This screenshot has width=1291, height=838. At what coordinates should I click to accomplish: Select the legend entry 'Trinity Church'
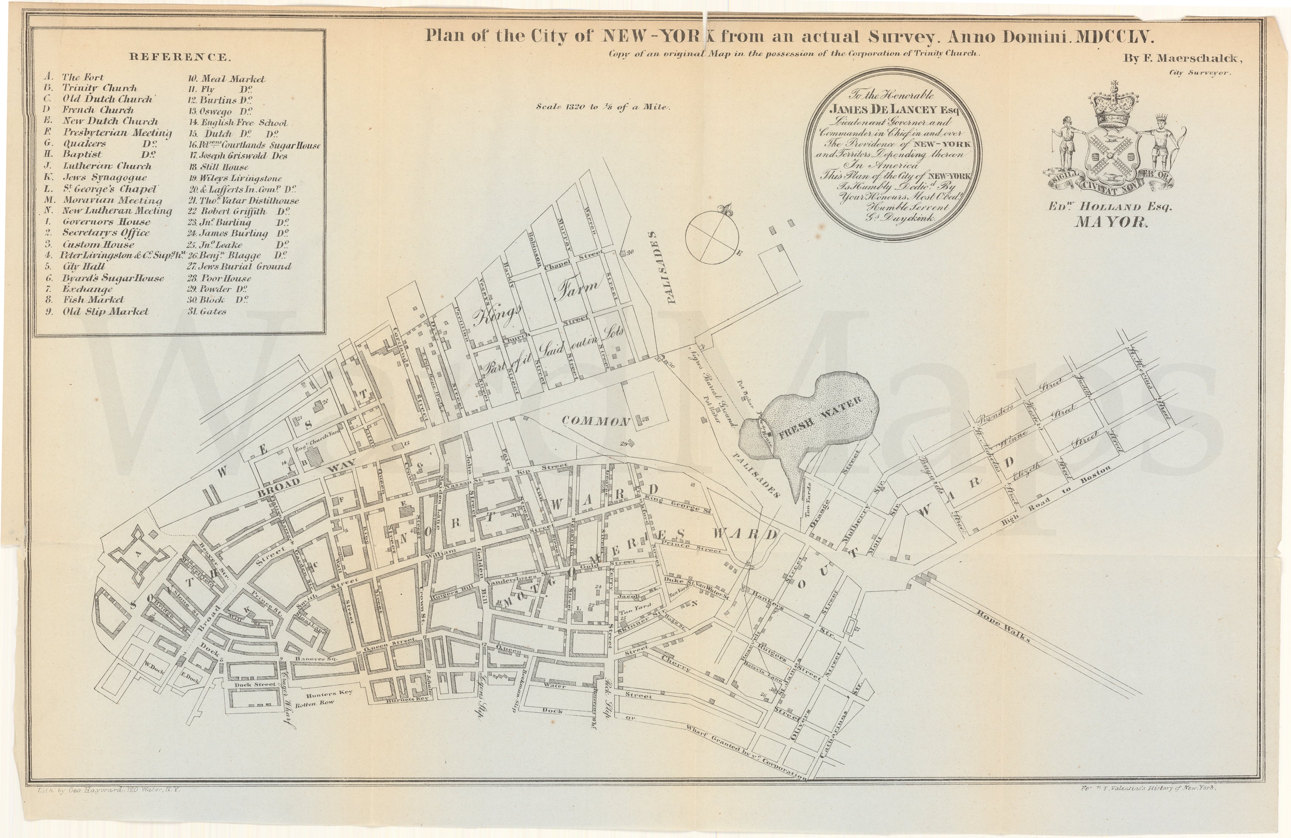(99, 88)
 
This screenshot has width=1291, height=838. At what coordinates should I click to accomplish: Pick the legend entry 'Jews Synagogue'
(104, 177)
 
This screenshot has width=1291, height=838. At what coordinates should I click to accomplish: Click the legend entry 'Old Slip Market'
(105, 311)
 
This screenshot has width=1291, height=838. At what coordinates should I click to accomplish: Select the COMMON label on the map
(595, 421)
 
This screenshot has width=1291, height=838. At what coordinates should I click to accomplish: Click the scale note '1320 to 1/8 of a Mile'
(603, 107)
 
